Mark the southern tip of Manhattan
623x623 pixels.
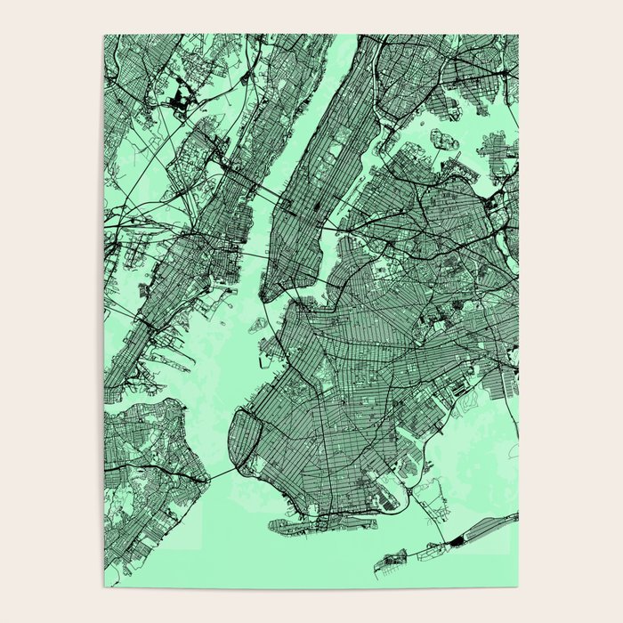point(267,297)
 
